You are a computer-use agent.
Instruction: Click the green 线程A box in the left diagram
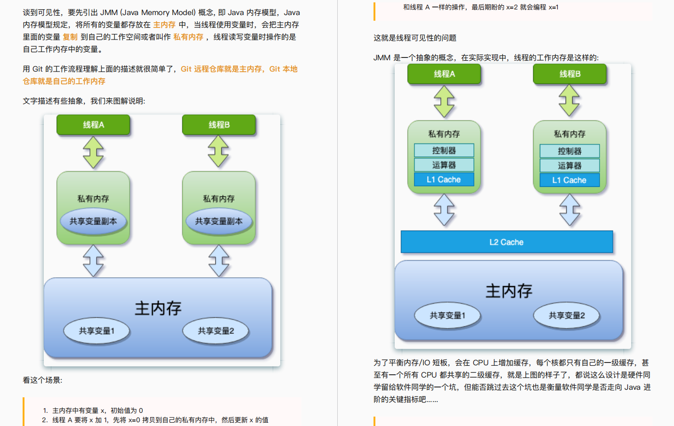93,125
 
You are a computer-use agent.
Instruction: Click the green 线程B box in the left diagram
219,125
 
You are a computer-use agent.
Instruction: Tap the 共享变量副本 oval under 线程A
93,221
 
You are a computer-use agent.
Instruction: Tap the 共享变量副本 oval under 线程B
219,221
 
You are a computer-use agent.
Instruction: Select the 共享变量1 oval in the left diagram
97,331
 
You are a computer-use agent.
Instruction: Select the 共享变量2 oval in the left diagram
216,331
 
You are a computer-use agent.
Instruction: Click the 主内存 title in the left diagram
158,308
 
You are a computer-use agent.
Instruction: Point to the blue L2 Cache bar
506,242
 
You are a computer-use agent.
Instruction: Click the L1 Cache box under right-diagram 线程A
444,179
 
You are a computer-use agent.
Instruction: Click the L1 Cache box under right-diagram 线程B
569,180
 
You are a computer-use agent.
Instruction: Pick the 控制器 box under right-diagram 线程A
444,151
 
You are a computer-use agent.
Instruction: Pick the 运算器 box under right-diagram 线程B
569,166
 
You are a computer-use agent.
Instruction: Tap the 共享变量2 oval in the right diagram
567,315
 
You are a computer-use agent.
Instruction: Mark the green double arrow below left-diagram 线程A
93,152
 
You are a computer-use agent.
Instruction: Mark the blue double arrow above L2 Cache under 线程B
569,210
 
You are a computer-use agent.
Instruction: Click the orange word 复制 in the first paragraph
70,37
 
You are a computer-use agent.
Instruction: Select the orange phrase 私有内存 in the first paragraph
188,37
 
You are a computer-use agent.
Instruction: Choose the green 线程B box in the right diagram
569,74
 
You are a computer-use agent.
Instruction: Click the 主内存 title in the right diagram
509,291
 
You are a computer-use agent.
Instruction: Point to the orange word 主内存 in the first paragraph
164,24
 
